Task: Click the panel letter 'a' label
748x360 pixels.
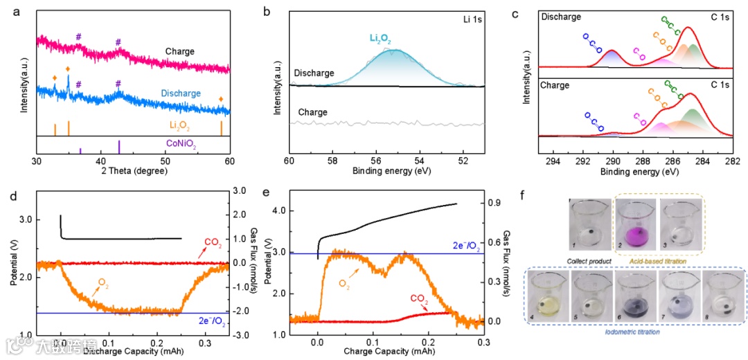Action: click(8, 10)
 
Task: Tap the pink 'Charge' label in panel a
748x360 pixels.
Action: click(179, 51)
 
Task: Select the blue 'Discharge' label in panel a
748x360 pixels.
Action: click(181, 93)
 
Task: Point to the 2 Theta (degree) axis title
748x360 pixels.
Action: click(132, 170)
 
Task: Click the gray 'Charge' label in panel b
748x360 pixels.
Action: click(313, 112)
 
